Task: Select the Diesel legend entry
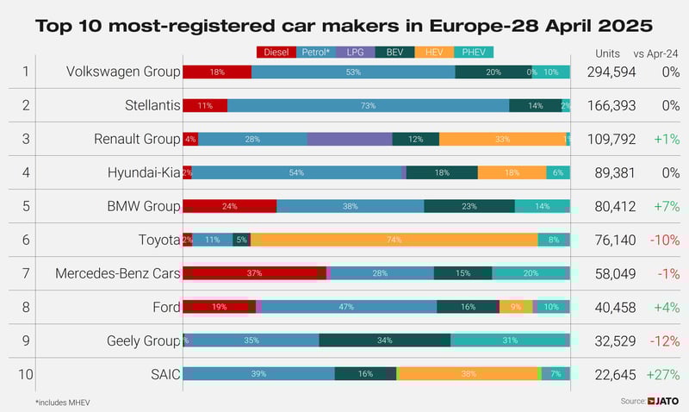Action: click(x=276, y=53)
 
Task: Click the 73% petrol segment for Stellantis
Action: click(x=368, y=105)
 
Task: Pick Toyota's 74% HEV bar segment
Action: click(x=394, y=240)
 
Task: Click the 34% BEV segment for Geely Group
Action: click(x=384, y=340)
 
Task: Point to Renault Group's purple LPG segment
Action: click(x=349, y=139)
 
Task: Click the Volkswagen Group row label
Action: click(x=123, y=72)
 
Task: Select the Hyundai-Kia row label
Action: click(x=144, y=172)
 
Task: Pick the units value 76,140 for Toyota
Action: click(x=615, y=240)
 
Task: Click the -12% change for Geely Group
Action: click(x=664, y=340)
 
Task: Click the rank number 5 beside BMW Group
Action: click(x=26, y=206)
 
